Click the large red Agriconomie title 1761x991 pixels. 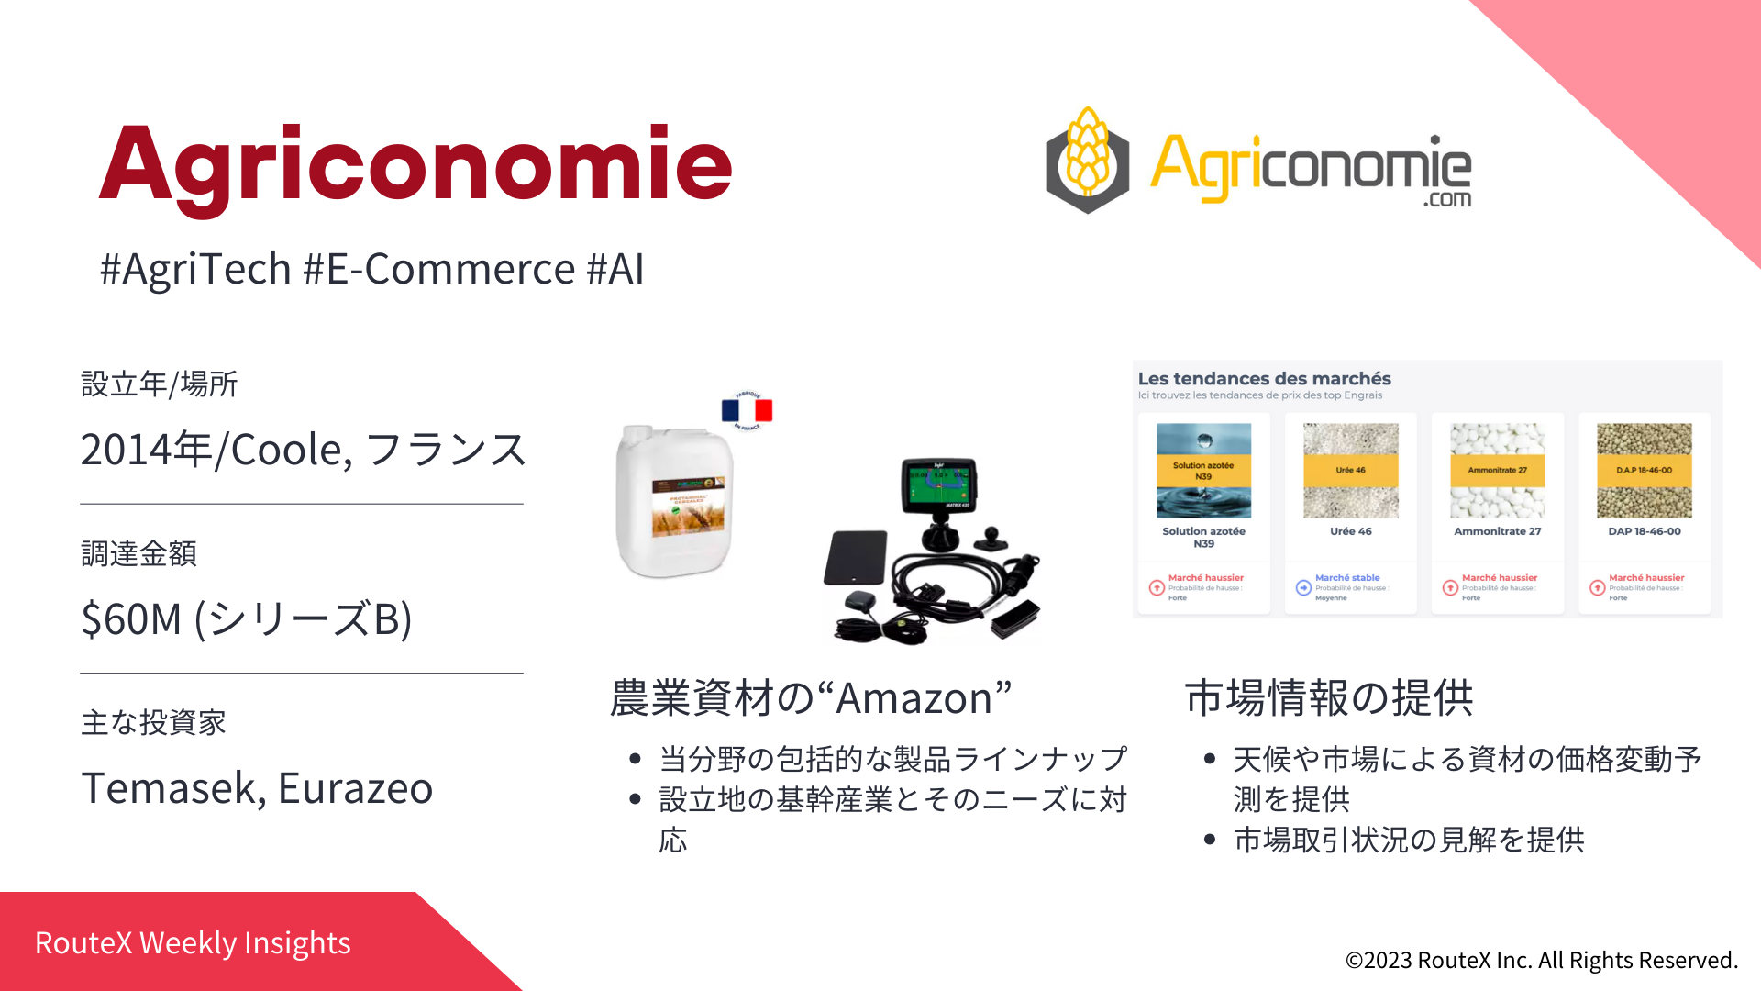pyautogui.click(x=415, y=165)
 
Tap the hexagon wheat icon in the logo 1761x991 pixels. pyautogui.click(x=1088, y=161)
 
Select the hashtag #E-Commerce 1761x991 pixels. pyautogui.click(x=439, y=270)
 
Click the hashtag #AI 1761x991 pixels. pyautogui.click(x=615, y=270)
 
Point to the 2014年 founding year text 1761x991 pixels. pyautogui.click(x=146, y=450)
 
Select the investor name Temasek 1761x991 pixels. pyautogui.click(x=168, y=788)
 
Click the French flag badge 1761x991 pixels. pyautogui.click(x=748, y=410)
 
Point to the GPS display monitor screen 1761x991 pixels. pyautogui.click(x=937, y=484)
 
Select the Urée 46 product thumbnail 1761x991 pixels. pyautogui.click(x=1351, y=471)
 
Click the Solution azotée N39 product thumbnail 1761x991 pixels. pyautogui.click(x=1203, y=471)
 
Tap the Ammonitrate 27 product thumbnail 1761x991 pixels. pyautogui.click(x=1498, y=471)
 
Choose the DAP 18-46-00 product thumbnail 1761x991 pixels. pyautogui.click(x=1645, y=471)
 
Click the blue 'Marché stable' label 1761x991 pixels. pyautogui.click(x=1347, y=578)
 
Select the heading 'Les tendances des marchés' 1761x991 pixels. pyautogui.click(x=1264, y=379)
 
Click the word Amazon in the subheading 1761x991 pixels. pyautogui.click(x=914, y=699)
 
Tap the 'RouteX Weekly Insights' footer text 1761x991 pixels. pyautogui.click(x=193, y=943)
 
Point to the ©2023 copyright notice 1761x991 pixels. pyautogui.click(x=1541, y=960)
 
